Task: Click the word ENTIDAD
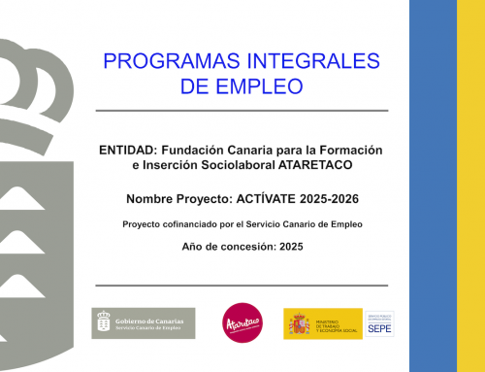127,152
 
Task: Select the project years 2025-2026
329,199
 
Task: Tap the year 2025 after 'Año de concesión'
290,248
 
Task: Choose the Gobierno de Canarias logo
143,322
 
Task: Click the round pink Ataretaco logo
242,322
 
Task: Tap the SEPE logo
379,324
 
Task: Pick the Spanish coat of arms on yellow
298,323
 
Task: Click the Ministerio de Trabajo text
336,323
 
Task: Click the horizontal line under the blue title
242,111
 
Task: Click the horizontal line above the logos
242,286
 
